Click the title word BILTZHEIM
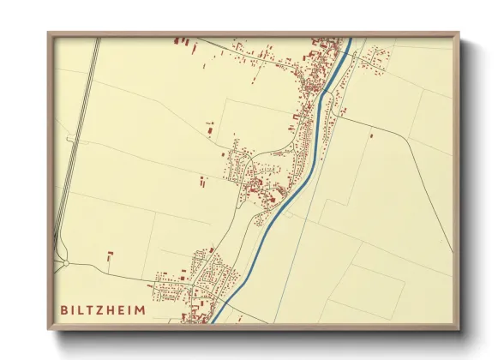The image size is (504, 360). tap(103, 309)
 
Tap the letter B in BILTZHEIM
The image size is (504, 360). tap(64, 309)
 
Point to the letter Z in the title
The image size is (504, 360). tap(101, 309)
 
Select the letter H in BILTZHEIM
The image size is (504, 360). tap(112, 309)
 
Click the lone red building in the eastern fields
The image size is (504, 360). tap(371, 135)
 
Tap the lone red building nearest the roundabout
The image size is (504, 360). tap(110, 255)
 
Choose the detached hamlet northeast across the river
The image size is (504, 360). tap(376, 58)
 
